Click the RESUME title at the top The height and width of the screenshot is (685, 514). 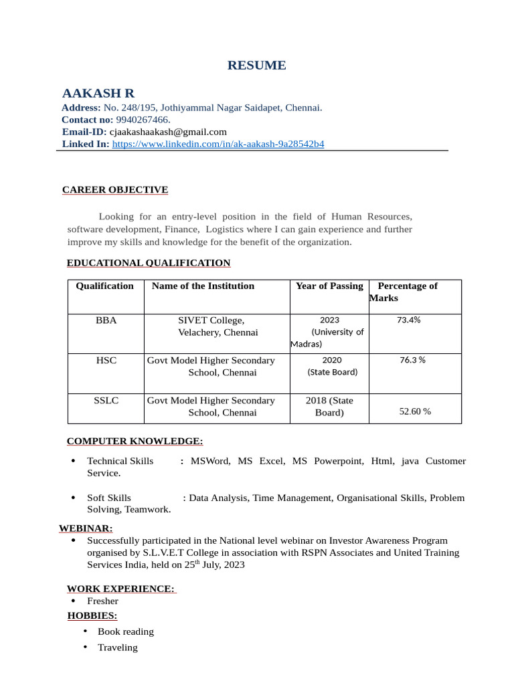click(256, 65)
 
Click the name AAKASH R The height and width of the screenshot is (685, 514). click(98, 93)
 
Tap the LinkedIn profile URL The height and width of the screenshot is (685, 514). click(218, 144)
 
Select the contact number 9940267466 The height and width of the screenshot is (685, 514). click(143, 120)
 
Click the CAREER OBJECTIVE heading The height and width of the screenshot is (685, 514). click(115, 190)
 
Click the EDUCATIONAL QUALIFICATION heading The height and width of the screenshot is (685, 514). click(149, 263)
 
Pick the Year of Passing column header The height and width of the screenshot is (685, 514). click(329, 286)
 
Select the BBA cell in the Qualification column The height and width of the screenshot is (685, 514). click(106, 320)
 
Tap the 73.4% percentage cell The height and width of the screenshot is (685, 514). click(408, 320)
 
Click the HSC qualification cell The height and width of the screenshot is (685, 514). click(106, 361)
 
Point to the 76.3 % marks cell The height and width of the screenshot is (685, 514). click(412, 360)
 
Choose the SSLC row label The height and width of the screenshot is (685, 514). click(106, 401)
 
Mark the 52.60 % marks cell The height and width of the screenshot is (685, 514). click(415, 411)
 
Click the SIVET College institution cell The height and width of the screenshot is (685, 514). click(217, 326)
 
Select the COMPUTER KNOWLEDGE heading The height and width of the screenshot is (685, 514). click(135, 441)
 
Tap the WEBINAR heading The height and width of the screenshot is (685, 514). click(86, 528)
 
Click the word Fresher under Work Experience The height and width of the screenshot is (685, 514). click(102, 601)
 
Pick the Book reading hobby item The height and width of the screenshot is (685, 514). click(126, 631)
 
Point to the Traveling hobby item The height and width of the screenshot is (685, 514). click(118, 648)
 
